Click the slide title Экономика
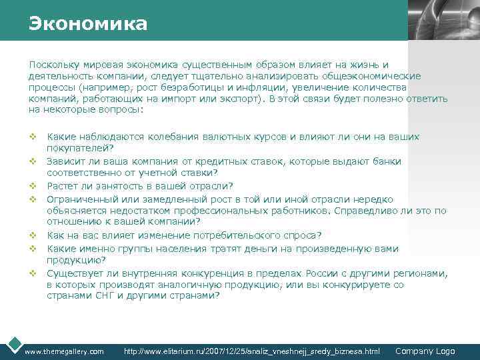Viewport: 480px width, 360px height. (88, 25)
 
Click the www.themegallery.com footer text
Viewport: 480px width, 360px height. (64, 351)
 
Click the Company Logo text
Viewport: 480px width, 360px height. (425, 351)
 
